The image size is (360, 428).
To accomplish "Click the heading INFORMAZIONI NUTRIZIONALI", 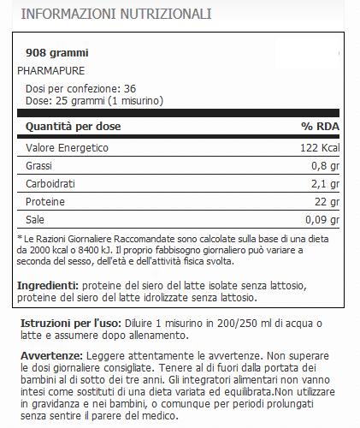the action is click(x=116, y=15).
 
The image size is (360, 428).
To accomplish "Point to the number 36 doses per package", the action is click(x=131, y=88).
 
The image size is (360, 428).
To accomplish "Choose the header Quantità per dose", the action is click(x=73, y=127).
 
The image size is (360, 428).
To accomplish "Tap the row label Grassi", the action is click(x=39, y=164).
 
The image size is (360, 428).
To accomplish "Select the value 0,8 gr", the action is click(x=322, y=165).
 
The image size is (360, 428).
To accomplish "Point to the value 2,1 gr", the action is click(x=322, y=183).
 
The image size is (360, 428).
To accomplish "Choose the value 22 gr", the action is click(x=327, y=201).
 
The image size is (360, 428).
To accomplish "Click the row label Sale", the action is click(x=35, y=219).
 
